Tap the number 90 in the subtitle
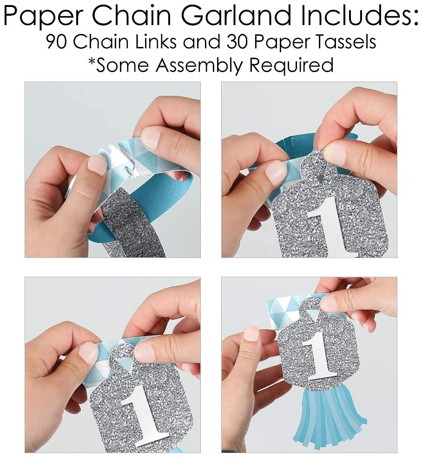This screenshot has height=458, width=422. click(56, 42)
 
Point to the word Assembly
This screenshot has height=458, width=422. click(200, 65)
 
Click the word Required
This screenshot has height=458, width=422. click(291, 65)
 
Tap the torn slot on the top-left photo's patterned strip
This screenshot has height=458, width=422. click(128, 164)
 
